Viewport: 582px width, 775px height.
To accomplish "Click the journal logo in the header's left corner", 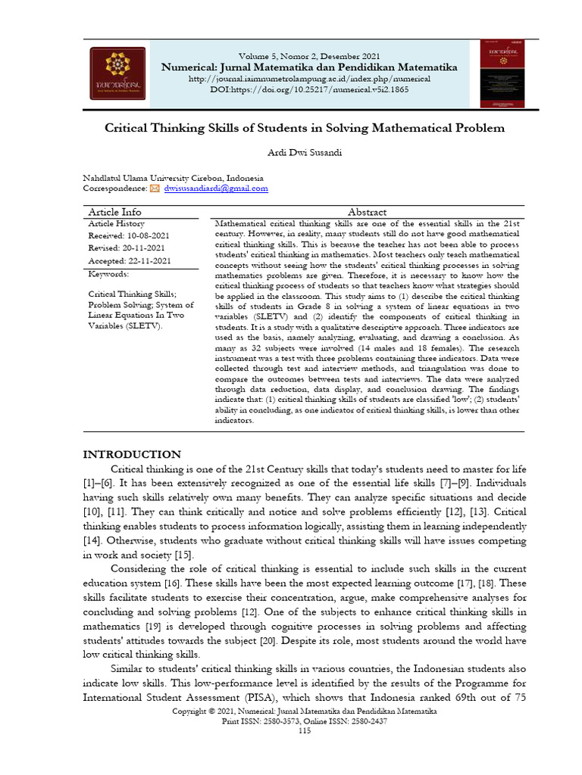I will point(118,73).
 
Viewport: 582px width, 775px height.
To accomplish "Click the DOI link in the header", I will point(309,89).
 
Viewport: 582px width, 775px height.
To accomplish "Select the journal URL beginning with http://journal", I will point(309,79).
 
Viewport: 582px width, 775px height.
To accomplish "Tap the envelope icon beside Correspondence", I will point(155,188).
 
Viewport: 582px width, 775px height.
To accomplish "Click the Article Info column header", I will point(114,212).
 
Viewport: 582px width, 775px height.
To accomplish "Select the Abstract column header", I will point(367,212).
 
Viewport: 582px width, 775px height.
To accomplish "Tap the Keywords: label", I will point(108,274).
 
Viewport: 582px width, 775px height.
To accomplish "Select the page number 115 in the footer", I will point(305,730).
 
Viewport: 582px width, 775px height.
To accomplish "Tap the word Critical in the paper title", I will point(127,128).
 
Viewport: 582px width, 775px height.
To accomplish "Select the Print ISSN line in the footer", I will point(305,721).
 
